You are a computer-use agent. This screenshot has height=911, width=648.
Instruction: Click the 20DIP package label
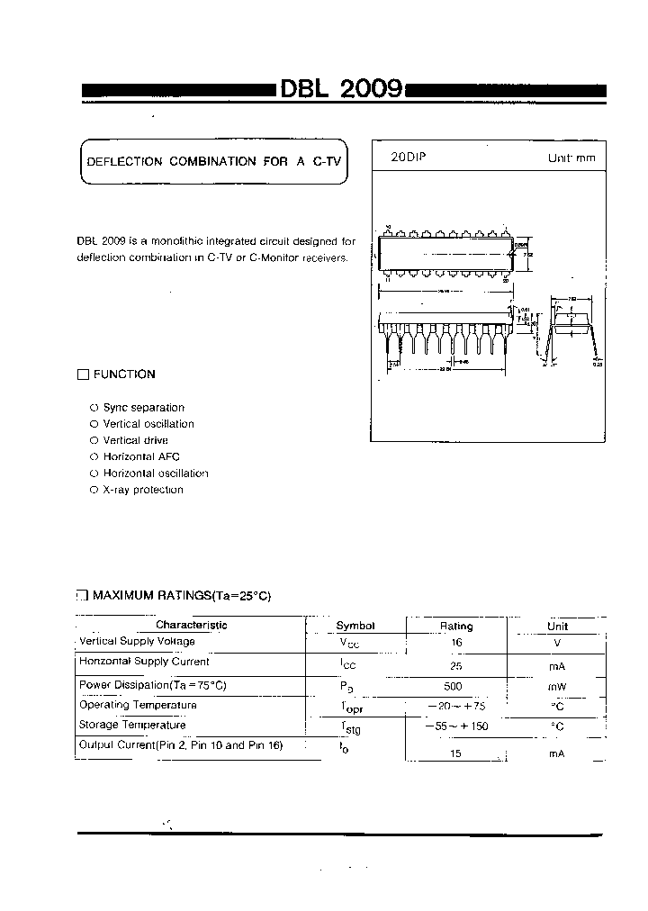click(x=408, y=157)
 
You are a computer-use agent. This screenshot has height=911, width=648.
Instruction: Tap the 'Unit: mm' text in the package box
click(x=571, y=158)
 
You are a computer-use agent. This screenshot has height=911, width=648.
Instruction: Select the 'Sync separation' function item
click(x=143, y=408)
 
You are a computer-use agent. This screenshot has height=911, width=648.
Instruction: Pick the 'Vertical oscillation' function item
click(x=148, y=424)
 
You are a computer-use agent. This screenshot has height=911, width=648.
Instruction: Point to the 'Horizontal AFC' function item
click(x=141, y=456)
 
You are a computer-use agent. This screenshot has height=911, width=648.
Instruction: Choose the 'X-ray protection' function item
click(x=143, y=490)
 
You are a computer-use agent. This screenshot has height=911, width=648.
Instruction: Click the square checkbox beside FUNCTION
click(x=84, y=374)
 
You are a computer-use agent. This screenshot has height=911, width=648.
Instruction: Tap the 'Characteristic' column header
click(x=192, y=625)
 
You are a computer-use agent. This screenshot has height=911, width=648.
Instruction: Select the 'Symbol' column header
click(x=355, y=626)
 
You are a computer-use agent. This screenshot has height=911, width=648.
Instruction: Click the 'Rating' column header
click(x=456, y=626)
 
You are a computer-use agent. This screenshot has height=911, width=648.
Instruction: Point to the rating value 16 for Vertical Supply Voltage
click(x=456, y=643)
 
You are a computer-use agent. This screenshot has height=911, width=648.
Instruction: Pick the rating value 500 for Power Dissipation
click(x=456, y=686)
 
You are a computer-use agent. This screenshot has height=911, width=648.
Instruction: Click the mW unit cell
click(x=557, y=687)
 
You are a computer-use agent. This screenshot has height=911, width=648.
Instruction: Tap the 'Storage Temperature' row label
click(x=132, y=725)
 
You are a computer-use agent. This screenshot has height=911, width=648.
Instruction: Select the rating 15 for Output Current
click(x=455, y=753)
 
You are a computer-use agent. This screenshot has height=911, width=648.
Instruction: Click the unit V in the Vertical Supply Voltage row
click(x=557, y=643)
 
